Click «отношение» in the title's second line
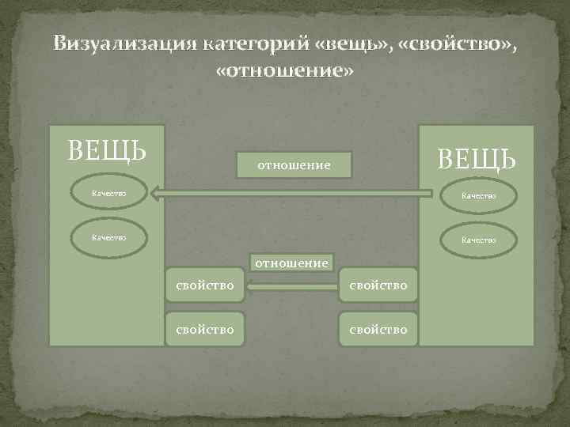(285, 71)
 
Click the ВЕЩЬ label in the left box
(106, 149)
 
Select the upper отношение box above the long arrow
(294, 165)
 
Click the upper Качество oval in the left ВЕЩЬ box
(108, 193)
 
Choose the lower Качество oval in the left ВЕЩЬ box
(108, 236)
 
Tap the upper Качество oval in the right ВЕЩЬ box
(478, 195)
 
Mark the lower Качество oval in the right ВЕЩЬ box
(478, 240)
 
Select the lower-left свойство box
(204, 328)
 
